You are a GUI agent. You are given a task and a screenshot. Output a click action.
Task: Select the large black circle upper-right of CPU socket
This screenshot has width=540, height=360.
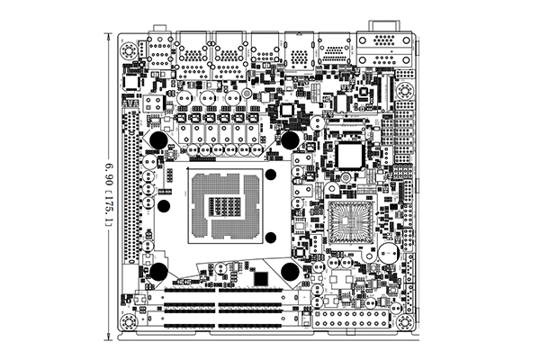coord(291,139)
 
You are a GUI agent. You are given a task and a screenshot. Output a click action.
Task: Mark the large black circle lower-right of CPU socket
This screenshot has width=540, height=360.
coord(291,272)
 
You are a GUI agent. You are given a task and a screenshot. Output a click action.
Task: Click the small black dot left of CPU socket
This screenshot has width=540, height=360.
coord(166,204)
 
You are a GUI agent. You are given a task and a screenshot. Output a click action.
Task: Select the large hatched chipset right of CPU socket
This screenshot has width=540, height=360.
coord(350,220)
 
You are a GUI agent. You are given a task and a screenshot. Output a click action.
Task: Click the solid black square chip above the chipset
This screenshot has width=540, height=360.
coord(349,154)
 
